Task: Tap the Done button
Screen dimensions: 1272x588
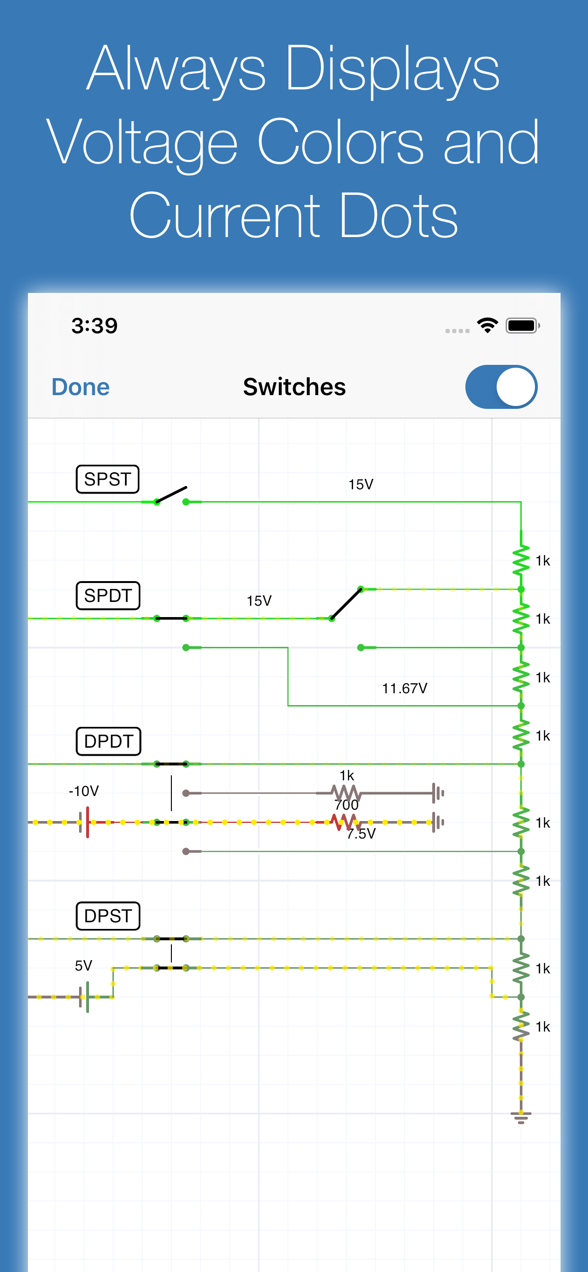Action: [80, 387]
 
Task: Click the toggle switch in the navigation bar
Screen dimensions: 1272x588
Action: [501, 387]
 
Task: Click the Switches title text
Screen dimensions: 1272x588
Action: [294, 387]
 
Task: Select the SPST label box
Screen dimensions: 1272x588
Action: [107, 479]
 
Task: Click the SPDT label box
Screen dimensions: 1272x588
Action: [108, 595]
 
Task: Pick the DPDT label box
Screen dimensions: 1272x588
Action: [108, 741]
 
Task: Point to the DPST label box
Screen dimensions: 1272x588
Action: [108, 916]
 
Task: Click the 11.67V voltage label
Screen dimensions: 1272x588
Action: [404, 689]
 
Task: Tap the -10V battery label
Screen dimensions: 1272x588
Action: [83, 791]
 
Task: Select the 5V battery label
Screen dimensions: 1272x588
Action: [83, 965]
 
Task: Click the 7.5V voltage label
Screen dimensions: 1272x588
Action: [361, 834]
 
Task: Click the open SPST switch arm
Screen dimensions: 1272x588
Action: [171, 495]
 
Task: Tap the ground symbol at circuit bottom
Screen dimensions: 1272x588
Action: [521, 1117]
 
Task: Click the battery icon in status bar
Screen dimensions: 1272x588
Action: [522, 326]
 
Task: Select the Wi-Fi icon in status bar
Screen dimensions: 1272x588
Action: [487, 326]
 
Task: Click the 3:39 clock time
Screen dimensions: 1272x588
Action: [94, 326]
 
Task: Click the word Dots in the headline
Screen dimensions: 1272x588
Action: [398, 216]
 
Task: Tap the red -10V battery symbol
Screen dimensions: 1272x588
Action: [87, 822]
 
